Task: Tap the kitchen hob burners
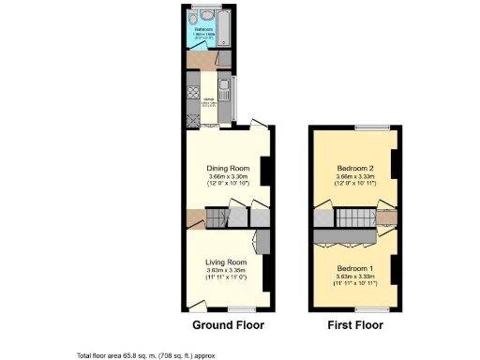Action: pos(193,92)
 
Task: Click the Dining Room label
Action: pos(228,169)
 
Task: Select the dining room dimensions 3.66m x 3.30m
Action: pos(228,177)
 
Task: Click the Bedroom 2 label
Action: pos(356,169)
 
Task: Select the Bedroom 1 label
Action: pos(356,269)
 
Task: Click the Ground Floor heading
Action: pos(228,325)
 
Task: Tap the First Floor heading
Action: pos(355,325)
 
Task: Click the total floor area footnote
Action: pos(151,355)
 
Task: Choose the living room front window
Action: pos(241,308)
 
